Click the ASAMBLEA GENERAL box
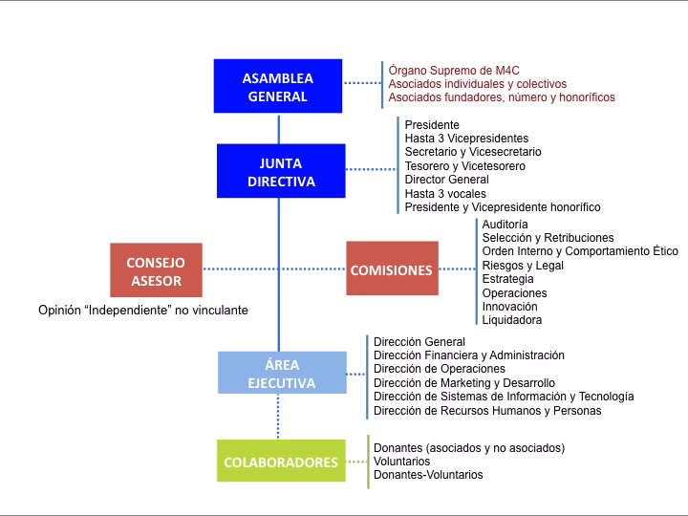coord(278,87)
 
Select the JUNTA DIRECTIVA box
coord(281,171)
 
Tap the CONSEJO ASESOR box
coord(156,270)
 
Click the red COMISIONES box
coord(392,270)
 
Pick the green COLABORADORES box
coord(281,462)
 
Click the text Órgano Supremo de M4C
coord(452,71)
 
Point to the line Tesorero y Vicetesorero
coord(464,166)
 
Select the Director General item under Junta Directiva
coord(446,180)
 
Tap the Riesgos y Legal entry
coord(523,266)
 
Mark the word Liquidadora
coord(512,320)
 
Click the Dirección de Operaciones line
coord(440,369)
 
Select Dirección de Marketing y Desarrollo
coord(464,383)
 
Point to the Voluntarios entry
coord(401,462)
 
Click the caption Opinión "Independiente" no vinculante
coord(143,311)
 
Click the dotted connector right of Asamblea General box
coord(363,84)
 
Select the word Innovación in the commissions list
coord(510,307)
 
